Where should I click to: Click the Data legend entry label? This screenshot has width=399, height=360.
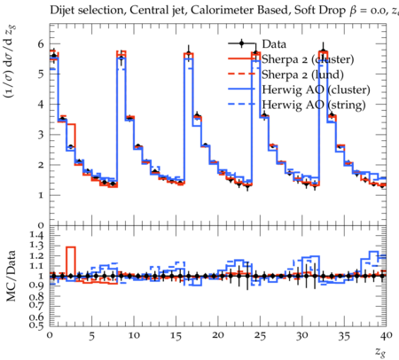[274, 44]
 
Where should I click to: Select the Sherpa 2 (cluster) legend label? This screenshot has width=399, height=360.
[308, 59]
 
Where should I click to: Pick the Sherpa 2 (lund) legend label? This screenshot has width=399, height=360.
[302, 74]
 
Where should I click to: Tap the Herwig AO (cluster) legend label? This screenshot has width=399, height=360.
[316, 90]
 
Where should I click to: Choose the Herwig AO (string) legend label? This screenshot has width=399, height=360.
[314, 105]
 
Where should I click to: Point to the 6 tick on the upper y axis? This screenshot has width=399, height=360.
[40, 43]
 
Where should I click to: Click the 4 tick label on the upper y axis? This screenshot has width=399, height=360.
[40, 104]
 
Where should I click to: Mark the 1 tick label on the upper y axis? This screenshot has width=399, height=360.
[41, 195]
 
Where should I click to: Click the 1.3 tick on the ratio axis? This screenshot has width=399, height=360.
[36, 246]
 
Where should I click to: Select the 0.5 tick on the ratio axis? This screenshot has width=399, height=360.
[36, 325]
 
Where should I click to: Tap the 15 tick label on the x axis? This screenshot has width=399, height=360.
[176, 336]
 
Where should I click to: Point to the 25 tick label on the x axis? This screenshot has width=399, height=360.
[261, 336]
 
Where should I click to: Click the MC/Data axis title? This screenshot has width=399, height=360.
[12, 276]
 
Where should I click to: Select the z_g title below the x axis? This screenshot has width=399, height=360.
[380, 352]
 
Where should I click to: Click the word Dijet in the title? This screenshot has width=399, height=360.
[62, 10]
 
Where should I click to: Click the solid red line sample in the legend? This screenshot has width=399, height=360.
[241, 59]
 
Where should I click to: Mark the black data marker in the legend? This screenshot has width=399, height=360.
[241, 43]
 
